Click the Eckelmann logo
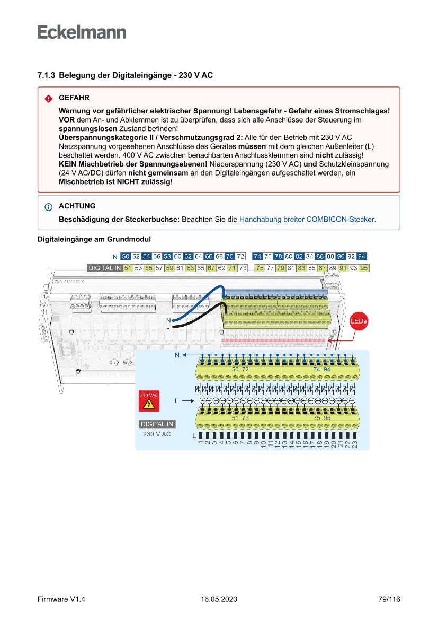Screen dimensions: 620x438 (x=82, y=32)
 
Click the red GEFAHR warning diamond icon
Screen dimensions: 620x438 (x=49, y=99)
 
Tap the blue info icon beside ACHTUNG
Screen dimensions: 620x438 (x=49, y=206)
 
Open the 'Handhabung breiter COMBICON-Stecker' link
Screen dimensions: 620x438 (x=307, y=219)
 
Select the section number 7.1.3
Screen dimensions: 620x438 (x=47, y=75)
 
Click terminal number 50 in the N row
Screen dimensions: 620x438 (x=126, y=257)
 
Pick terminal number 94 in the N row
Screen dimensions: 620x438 (x=362, y=257)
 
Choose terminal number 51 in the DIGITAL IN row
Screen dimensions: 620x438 (x=128, y=268)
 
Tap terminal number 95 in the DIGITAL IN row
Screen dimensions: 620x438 (x=364, y=268)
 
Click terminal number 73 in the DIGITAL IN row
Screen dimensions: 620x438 (x=243, y=268)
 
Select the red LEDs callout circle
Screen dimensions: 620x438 (x=359, y=321)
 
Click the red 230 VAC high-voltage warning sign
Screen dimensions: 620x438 (x=149, y=401)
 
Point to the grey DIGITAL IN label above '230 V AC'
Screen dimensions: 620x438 (x=157, y=424)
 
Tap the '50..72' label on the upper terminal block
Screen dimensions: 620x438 (x=240, y=369)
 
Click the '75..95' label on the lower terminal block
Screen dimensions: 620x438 (x=321, y=418)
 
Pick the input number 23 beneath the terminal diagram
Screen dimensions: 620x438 (x=355, y=443)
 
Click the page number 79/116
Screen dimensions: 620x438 (x=389, y=599)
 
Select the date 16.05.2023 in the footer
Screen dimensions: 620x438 (x=219, y=599)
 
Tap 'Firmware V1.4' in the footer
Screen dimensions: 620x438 (x=61, y=599)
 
